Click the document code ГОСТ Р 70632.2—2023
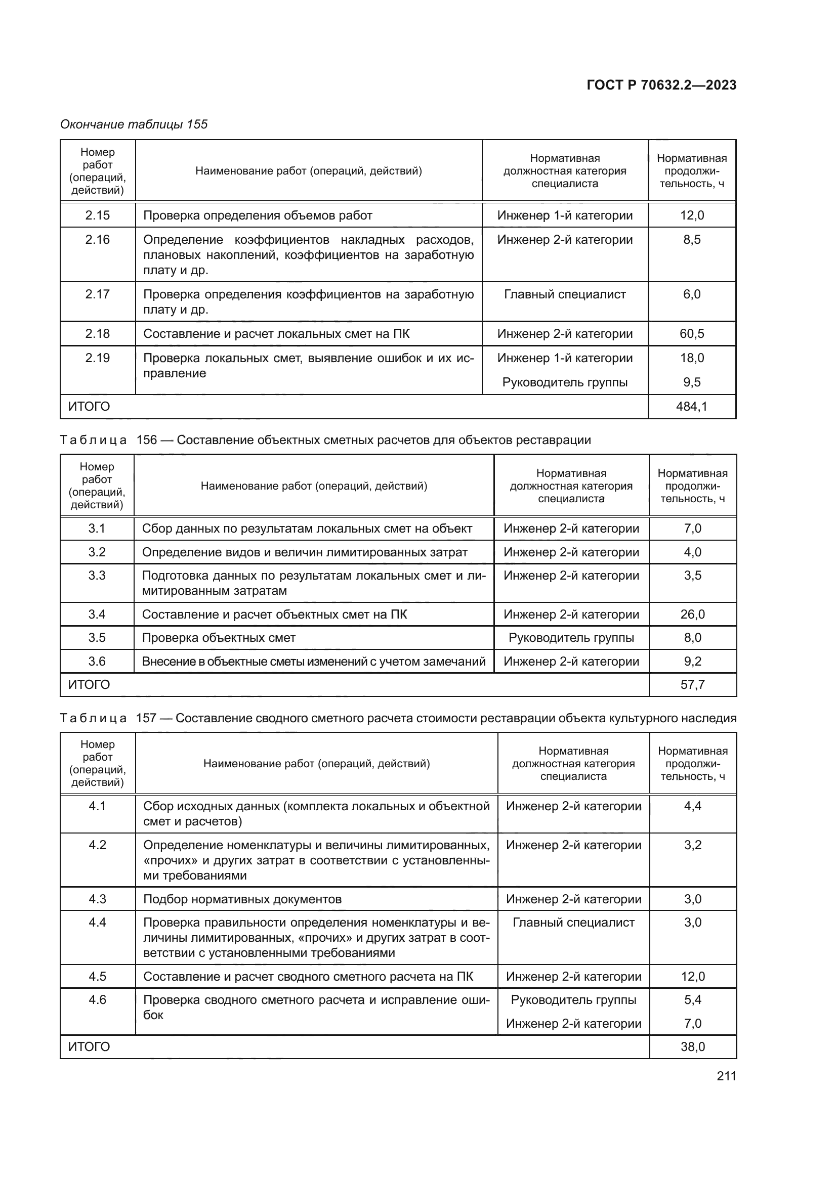pos(661,85)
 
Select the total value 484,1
pos(692,407)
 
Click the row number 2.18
pos(97,334)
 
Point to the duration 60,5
pos(692,334)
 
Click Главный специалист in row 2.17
pos(565,295)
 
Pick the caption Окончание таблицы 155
pos(134,124)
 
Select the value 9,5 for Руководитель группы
pos(692,382)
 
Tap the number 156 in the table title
pos(146,440)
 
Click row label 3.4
pos(97,614)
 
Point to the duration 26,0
pos(692,614)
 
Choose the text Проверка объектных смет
pos(219,638)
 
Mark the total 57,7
pos(692,685)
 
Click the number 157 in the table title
pos(146,718)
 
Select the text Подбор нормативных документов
pos(242,900)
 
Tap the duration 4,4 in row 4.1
pos(692,806)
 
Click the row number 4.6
pos(97,1000)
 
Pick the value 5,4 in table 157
pos(692,1000)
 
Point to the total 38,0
pos(692,1047)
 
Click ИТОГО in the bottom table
pos(89,1047)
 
